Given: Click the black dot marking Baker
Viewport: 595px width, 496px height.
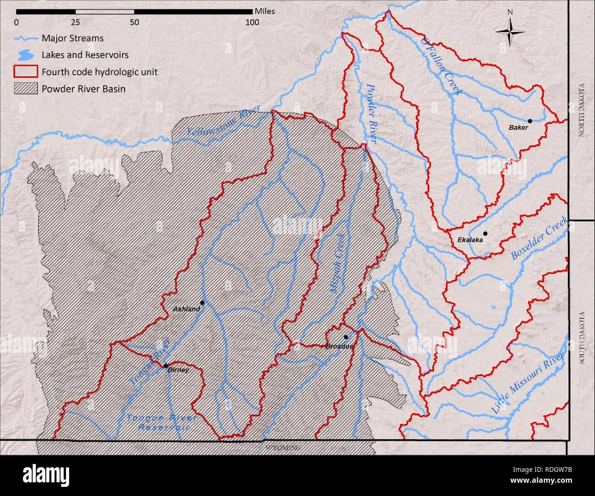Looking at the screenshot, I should pos(530,121).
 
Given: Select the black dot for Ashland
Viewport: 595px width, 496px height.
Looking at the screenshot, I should pos(202,303).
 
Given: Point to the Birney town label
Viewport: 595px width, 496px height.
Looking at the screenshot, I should pos(178,370).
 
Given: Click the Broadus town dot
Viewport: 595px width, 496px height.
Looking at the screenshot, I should pos(346,337).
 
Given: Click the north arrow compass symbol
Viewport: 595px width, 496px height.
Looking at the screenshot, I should pos(510,32).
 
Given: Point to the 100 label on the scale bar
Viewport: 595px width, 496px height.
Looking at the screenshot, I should pos(252,22).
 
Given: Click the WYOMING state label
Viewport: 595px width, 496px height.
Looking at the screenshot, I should pos(283,448).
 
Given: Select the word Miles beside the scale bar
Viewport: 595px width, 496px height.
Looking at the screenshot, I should pos(265,11).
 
